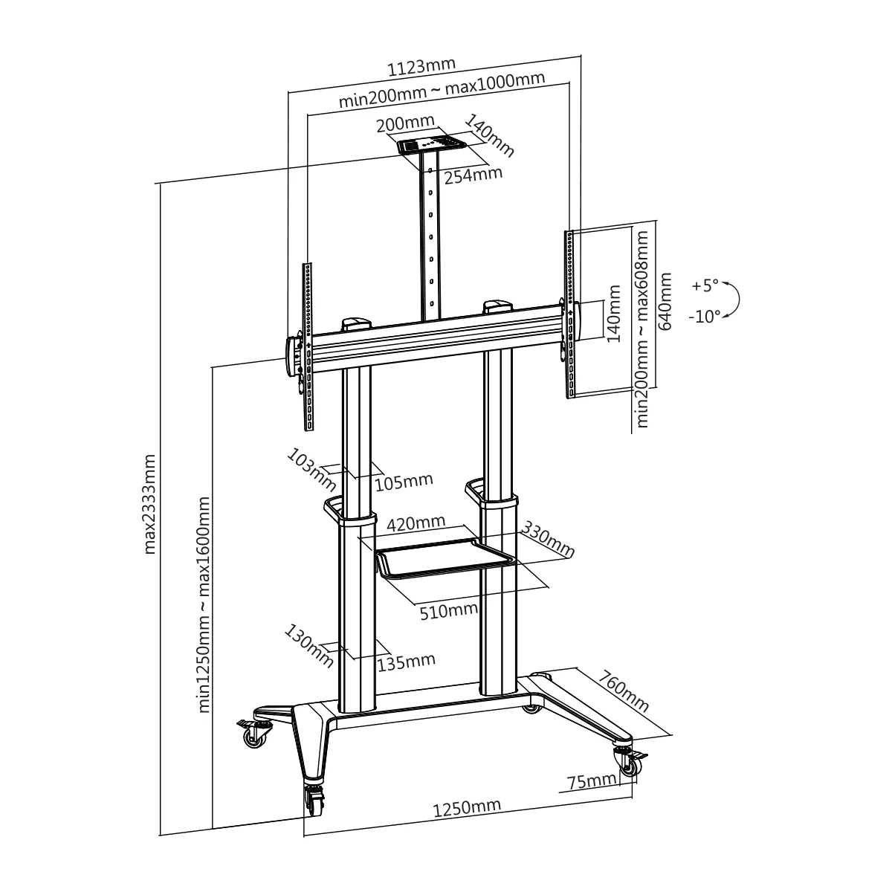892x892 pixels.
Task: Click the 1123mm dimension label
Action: click(421, 68)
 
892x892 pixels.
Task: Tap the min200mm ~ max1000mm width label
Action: click(442, 91)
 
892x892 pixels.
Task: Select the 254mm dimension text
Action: click(473, 176)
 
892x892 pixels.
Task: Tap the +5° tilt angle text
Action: click(705, 285)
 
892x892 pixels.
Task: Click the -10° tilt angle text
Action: click(703, 317)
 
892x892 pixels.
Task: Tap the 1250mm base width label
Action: click(467, 808)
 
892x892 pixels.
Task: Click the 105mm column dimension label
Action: click(403, 482)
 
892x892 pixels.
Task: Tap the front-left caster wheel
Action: click(314, 801)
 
